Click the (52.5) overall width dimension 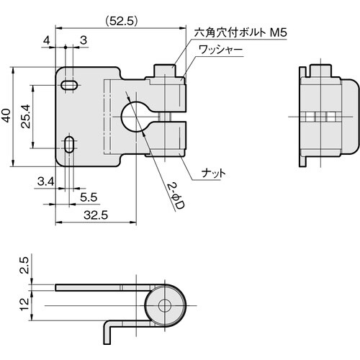119,21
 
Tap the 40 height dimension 7,116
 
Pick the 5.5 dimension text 89,196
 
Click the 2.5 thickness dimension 25,269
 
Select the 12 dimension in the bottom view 25,302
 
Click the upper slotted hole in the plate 70,85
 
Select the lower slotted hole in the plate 70,144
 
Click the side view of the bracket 327,115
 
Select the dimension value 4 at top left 47,41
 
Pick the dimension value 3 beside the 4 84,41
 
